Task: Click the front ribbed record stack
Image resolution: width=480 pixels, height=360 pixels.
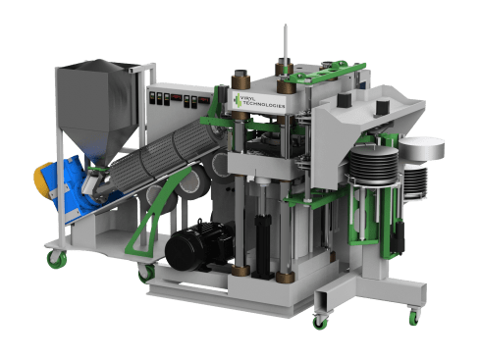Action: point(372,172)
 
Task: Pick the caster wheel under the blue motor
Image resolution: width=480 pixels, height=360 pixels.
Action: point(54,258)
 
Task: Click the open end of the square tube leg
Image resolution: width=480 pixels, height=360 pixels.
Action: point(325,296)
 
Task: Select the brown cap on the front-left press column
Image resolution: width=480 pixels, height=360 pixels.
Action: point(236,77)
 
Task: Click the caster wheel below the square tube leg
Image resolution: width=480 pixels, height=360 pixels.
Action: point(320,320)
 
